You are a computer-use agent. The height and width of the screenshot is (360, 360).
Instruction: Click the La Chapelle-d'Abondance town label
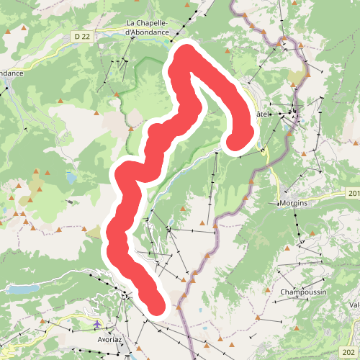point(148,27)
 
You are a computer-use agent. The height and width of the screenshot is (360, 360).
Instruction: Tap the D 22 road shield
point(84,35)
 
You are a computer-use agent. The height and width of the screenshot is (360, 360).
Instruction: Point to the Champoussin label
point(304,293)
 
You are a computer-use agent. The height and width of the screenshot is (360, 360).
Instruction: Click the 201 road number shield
point(354,193)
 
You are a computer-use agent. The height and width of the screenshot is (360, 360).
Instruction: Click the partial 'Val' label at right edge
point(354,305)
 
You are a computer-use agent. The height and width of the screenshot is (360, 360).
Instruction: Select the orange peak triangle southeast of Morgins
point(315,234)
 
